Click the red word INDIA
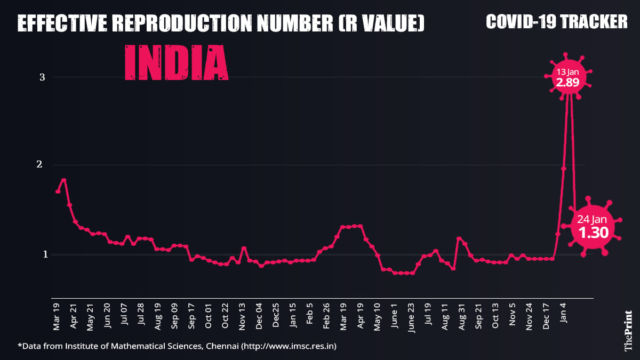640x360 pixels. [x=177, y=63]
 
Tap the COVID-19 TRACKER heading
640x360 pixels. [x=557, y=21]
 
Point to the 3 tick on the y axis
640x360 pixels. [x=42, y=77]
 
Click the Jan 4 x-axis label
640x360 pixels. [x=563, y=313]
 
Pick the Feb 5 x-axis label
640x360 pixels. [x=310, y=314]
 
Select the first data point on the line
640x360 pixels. [x=58, y=191]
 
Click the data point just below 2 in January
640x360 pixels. [x=564, y=169]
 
